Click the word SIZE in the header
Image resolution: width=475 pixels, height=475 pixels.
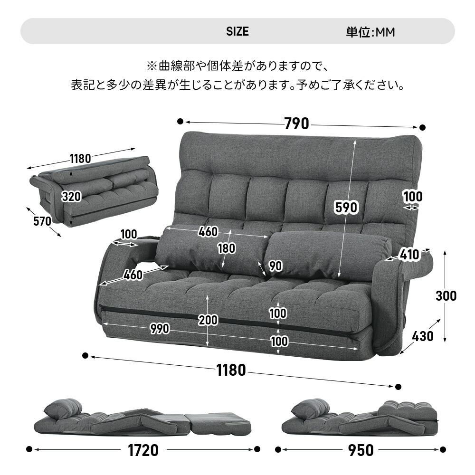tap(237, 32)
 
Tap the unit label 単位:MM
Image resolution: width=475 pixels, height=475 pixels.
tap(370, 32)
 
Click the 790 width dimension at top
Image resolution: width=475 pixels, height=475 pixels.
tap(297, 124)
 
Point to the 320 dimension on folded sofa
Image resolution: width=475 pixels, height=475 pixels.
tap(71, 196)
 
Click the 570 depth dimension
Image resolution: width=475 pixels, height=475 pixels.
tap(42, 221)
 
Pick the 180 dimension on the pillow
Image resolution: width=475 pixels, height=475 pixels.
tap(226, 248)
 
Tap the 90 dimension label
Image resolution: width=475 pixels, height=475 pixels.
tap(275, 266)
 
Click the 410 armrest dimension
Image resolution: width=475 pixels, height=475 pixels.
tap(409, 255)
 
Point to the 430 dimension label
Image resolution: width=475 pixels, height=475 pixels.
tap(422, 336)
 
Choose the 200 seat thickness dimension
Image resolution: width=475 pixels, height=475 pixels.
tap(208, 320)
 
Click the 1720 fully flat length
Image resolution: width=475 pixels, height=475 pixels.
tap(143, 450)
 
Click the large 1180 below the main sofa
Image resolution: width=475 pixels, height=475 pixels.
tap(231, 370)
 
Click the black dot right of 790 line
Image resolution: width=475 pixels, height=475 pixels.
tap(422, 128)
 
